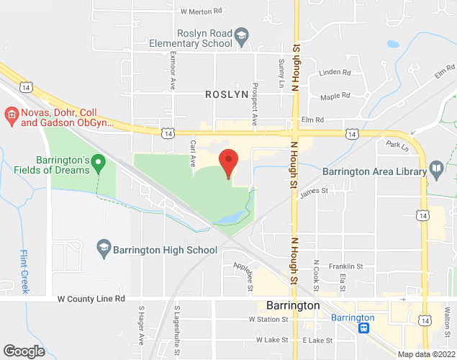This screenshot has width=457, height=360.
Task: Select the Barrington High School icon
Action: [104, 249]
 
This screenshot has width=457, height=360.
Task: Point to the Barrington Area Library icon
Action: [436, 171]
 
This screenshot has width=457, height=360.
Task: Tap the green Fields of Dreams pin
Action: [101, 166]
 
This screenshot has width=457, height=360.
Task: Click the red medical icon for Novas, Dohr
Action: [11, 114]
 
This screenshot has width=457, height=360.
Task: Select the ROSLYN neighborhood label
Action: [227, 94]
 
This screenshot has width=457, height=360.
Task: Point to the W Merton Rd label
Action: [202, 12]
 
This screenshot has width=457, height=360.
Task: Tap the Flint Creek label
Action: [24, 271]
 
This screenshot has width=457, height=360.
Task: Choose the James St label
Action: [314, 191]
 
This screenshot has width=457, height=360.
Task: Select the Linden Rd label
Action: [335, 73]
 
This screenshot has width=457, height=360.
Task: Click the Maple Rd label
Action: [335, 96]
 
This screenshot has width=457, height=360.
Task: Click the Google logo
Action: [24, 351]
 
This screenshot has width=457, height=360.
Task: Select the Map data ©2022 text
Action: [426, 354]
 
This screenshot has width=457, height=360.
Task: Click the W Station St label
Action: [268, 318]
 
